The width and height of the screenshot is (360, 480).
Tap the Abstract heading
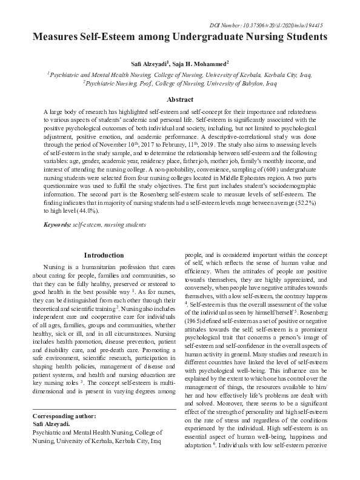tap(180, 99)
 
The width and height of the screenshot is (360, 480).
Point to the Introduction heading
tap(104, 255)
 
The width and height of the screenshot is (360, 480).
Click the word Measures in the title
tap(58, 36)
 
